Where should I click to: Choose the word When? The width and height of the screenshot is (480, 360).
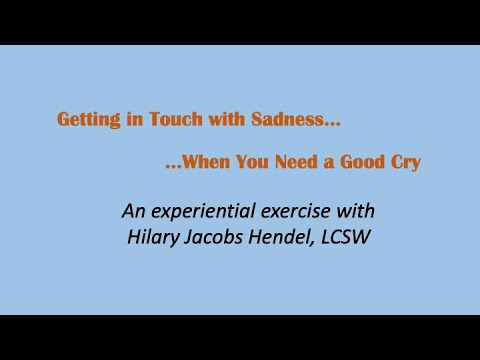tap(205, 161)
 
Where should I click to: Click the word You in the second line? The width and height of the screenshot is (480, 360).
tap(255, 161)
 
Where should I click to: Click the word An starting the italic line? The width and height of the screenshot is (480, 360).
tap(133, 211)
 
